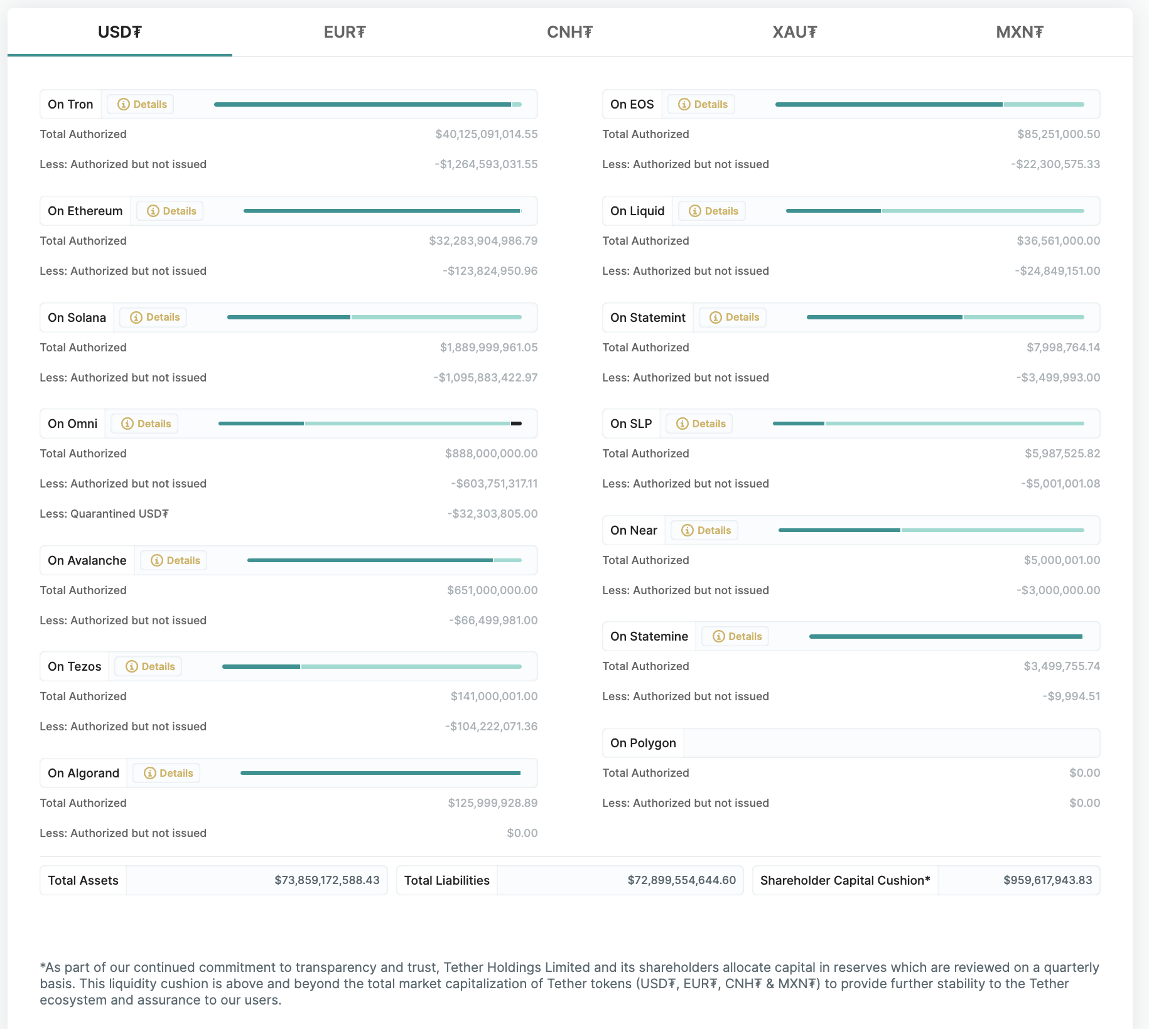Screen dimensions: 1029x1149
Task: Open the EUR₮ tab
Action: coord(345,32)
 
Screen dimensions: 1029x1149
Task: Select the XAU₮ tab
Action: coord(794,32)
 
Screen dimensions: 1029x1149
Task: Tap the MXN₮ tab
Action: coord(1019,32)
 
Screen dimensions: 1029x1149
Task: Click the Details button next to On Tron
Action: coord(141,104)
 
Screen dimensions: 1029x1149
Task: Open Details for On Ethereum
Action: coord(170,211)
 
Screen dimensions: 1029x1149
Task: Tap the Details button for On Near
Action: coord(704,530)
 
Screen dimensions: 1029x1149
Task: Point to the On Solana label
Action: coord(77,317)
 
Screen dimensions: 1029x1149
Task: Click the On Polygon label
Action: coord(643,743)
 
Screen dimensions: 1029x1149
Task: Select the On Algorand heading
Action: coord(84,773)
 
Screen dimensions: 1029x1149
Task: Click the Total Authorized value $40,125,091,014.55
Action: coord(486,134)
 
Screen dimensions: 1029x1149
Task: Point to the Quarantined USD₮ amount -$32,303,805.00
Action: coord(492,514)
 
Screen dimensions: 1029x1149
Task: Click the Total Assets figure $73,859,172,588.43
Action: coord(326,880)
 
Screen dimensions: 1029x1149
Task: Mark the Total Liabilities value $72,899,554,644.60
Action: coord(681,880)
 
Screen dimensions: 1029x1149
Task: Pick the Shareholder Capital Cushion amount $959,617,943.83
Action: coord(1047,880)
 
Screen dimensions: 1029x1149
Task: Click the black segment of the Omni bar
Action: coord(516,424)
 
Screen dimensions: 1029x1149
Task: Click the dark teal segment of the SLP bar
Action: coord(798,424)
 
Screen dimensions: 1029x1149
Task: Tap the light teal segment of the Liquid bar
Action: coord(983,211)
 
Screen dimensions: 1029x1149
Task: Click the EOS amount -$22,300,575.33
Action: coord(1055,164)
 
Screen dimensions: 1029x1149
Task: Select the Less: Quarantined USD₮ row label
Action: coord(104,514)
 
